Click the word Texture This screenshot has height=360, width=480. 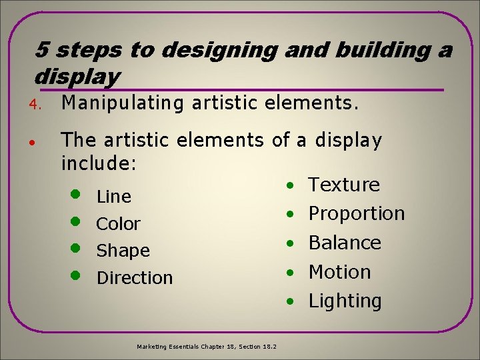pos(344,185)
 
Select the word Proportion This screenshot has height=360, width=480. pos(357,214)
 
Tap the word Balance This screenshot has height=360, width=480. pos(345,243)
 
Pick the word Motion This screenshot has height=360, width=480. pos(339,272)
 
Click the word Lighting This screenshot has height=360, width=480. pos(345,301)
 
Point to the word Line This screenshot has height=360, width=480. pos(114,197)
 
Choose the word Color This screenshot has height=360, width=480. pos(119,224)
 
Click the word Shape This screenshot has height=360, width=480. pos(123,251)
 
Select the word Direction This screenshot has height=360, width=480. pos(135,278)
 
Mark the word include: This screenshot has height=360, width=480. pos(99,162)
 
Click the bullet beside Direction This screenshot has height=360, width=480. pos(76,275)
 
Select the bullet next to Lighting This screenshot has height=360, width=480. pos(291,301)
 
